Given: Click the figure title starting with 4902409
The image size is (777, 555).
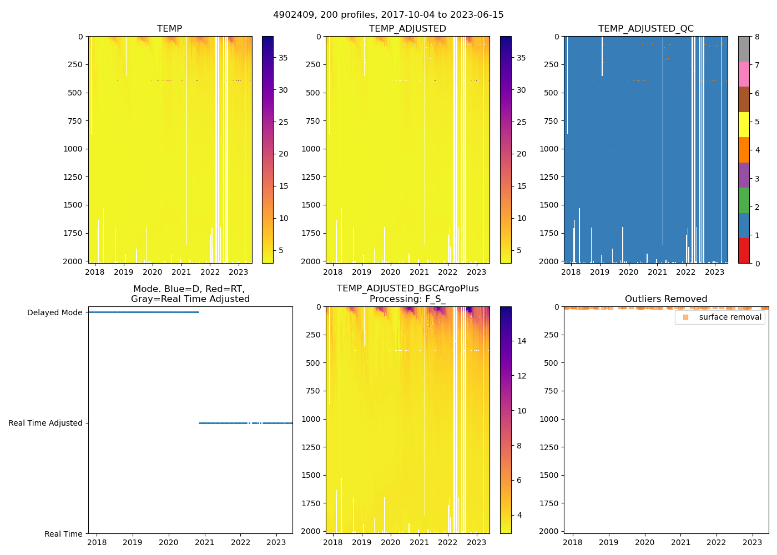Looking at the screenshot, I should [x=389, y=15].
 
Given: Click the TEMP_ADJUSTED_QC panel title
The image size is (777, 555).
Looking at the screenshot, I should [x=645, y=28].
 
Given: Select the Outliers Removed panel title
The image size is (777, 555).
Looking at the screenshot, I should [x=666, y=299].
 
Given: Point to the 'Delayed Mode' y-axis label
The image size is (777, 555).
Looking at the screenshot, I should [x=55, y=312].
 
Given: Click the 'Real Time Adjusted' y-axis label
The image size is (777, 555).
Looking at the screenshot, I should [x=46, y=423].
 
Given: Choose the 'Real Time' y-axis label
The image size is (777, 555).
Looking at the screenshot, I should [x=63, y=534].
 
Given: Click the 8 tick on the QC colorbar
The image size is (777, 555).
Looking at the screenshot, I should [x=757, y=37].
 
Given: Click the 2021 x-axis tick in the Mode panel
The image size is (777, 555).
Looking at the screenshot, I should [x=205, y=542].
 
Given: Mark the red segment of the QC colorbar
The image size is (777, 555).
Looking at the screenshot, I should [x=744, y=251].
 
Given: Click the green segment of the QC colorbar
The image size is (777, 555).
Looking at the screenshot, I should [x=744, y=200].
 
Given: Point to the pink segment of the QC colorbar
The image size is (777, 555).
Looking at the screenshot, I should [x=744, y=74].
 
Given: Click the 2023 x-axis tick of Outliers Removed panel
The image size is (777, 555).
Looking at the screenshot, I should [x=752, y=542].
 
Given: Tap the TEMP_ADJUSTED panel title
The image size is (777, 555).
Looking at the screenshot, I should [x=407, y=28].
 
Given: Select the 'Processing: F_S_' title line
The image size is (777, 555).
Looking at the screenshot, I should [x=407, y=299].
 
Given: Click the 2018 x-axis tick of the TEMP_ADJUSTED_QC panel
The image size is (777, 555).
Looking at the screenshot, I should [x=571, y=272].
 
